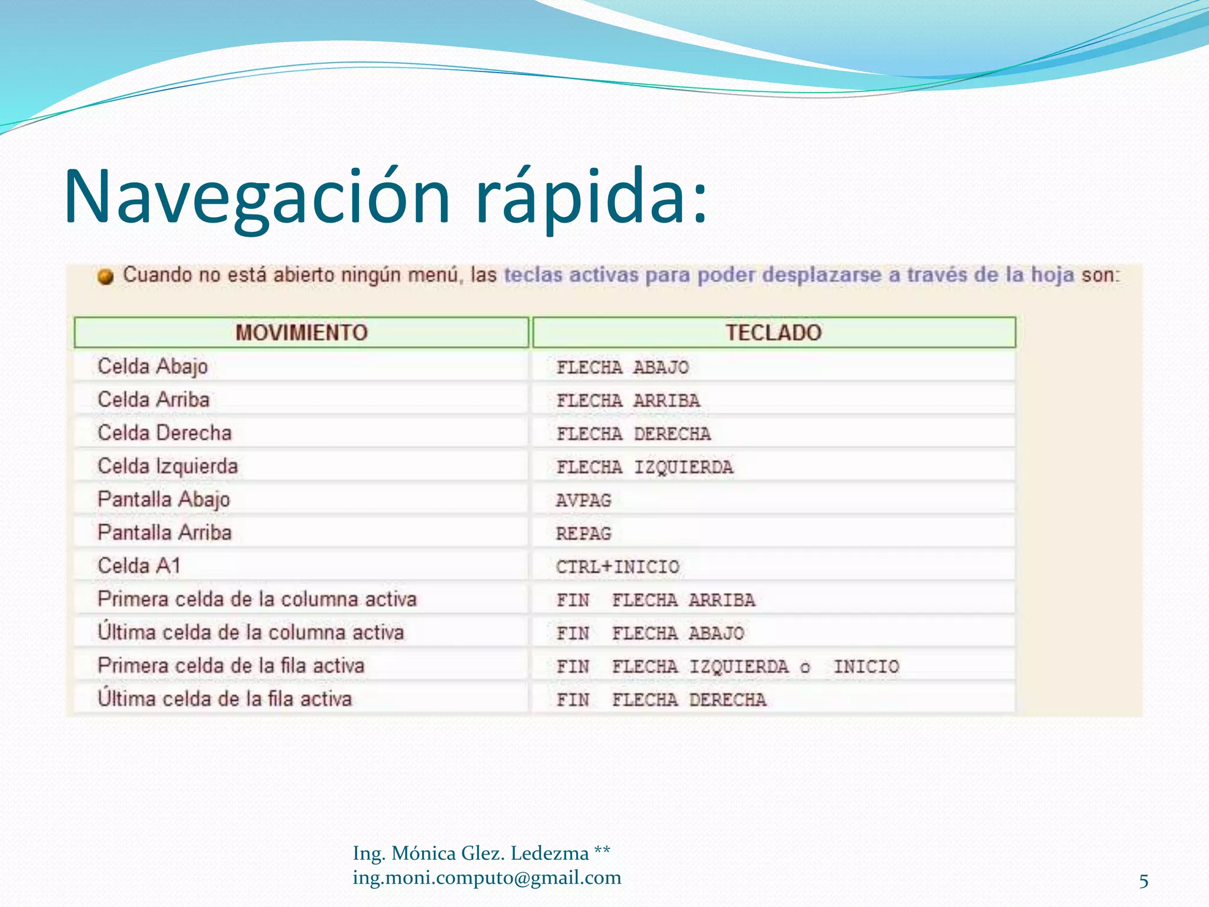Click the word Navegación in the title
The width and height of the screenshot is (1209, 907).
coord(257,198)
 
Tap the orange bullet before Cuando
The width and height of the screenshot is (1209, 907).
coord(106,276)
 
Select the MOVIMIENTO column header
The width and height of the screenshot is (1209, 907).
coord(301,332)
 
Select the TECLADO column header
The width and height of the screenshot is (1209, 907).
coord(773,332)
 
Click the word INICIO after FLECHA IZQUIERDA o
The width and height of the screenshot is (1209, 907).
coord(866,667)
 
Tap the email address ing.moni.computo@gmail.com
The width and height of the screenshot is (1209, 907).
coord(487,878)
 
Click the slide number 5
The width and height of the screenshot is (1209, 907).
coord(1143,882)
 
